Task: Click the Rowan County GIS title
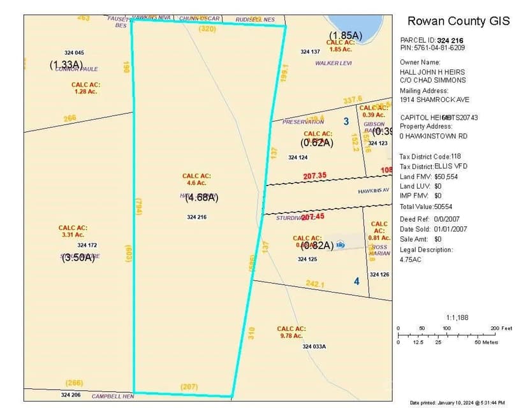[x=458, y=21]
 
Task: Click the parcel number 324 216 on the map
[x=196, y=217]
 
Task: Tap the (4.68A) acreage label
[x=202, y=198]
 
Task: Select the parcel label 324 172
[x=87, y=245]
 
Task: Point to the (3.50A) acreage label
[x=79, y=258]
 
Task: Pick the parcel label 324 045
[x=74, y=52]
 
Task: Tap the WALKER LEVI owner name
[x=334, y=63]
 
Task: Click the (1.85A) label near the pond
[x=346, y=34]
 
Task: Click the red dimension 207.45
[x=313, y=217]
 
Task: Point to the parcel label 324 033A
[x=314, y=346]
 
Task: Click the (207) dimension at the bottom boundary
[x=189, y=387]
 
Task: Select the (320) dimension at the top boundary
[x=208, y=29]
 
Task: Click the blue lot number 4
[x=356, y=280]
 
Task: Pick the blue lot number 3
[x=346, y=121]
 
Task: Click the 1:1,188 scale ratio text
[x=457, y=317]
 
